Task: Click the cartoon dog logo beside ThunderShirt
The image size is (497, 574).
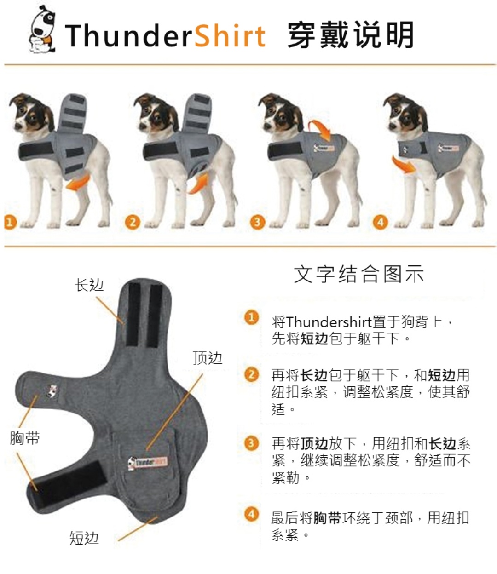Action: (x=42, y=29)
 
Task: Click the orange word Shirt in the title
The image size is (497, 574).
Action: (x=230, y=35)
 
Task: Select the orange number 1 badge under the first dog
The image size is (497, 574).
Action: (x=10, y=222)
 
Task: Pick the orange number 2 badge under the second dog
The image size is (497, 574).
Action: (x=132, y=222)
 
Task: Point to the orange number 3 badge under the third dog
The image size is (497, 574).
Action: (x=257, y=222)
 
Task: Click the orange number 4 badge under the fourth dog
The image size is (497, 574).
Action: (x=380, y=222)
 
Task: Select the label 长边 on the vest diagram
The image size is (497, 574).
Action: (x=89, y=285)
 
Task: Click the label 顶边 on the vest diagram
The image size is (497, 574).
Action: (x=207, y=358)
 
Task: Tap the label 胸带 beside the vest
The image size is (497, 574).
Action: (x=24, y=438)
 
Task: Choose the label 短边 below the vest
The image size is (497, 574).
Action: (x=84, y=538)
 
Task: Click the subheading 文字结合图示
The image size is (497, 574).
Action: (x=358, y=275)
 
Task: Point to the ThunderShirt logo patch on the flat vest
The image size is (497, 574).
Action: (x=148, y=463)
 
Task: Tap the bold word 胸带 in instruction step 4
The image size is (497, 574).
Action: (x=327, y=518)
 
